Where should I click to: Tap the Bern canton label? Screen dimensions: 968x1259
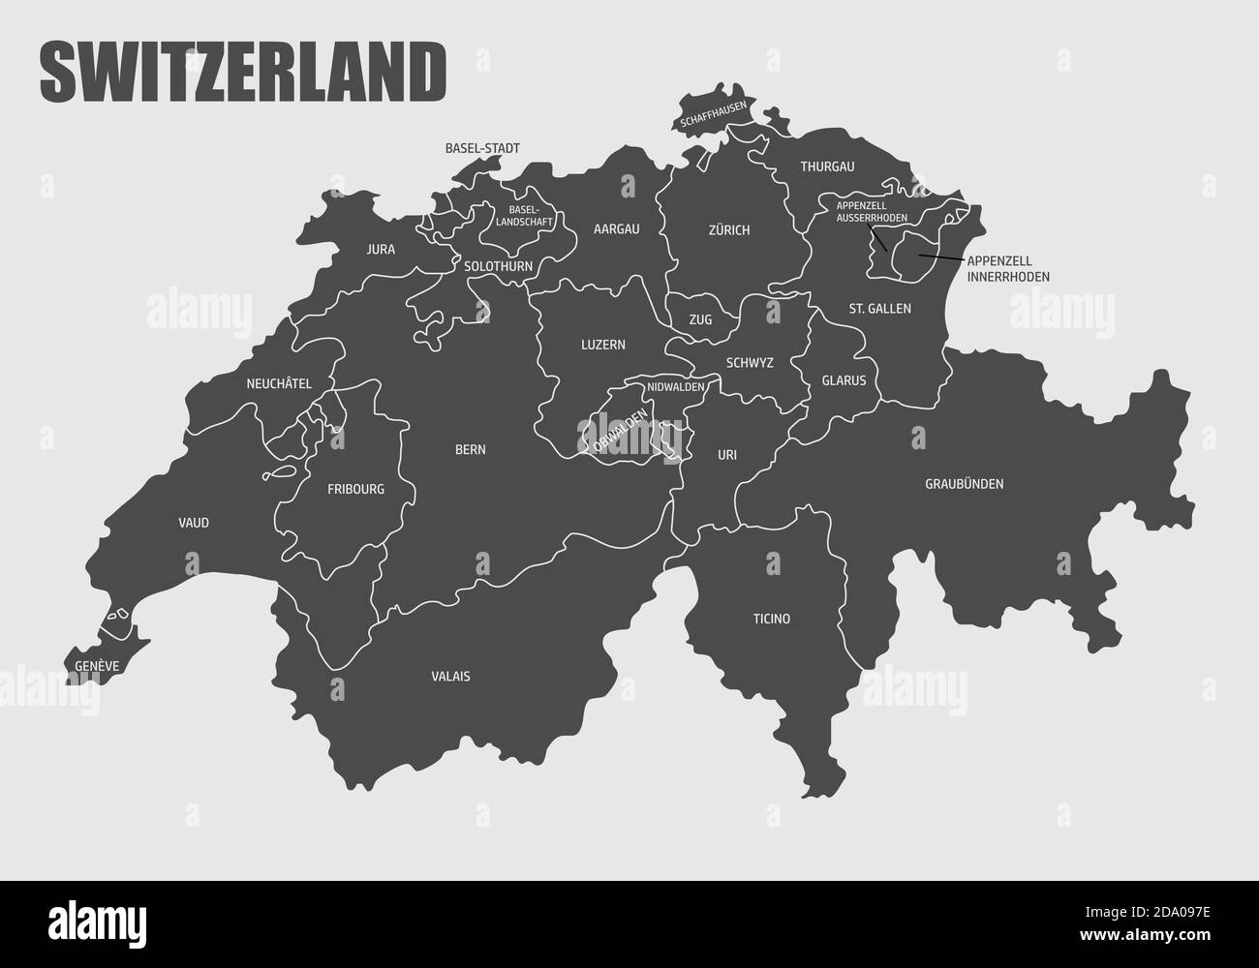471,450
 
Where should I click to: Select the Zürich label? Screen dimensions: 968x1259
729,230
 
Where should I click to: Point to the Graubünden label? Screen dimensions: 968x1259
964,484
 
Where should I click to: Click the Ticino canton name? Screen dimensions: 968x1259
772,619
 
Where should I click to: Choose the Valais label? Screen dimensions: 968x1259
450,677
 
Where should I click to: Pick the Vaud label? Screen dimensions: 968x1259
194,523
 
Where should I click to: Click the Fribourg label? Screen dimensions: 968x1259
355,489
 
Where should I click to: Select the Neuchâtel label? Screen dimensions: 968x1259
279,383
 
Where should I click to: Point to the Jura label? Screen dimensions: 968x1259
381,249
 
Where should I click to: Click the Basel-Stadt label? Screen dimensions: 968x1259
482,149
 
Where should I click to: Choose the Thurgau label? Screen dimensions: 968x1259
827,166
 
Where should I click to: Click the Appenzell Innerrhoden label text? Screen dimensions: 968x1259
1008,269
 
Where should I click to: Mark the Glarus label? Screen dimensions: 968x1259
844,380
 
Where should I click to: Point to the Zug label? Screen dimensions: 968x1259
700,319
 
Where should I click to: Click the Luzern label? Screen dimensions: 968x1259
603,344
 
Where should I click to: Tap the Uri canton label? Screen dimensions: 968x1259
727,454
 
